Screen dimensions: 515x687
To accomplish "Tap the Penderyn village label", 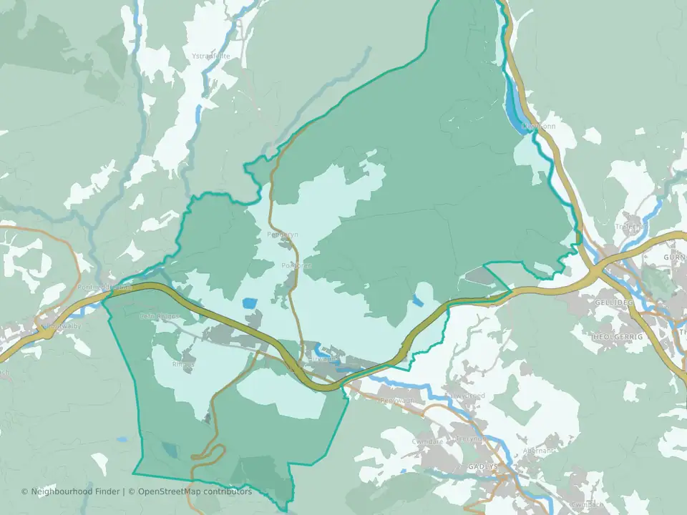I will [x=282, y=234].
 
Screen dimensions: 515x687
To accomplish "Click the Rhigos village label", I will [x=183, y=363].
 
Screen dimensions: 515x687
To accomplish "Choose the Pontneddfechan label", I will [x=104, y=288].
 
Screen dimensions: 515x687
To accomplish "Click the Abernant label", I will [x=538, y=451].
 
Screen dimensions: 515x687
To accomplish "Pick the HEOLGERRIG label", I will [x=618, y=335].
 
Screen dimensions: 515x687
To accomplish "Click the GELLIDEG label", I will [x=615, y=303].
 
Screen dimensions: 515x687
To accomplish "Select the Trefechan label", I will [x=630, y=227].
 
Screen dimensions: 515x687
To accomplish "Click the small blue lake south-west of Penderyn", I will [x=249, y=303].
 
